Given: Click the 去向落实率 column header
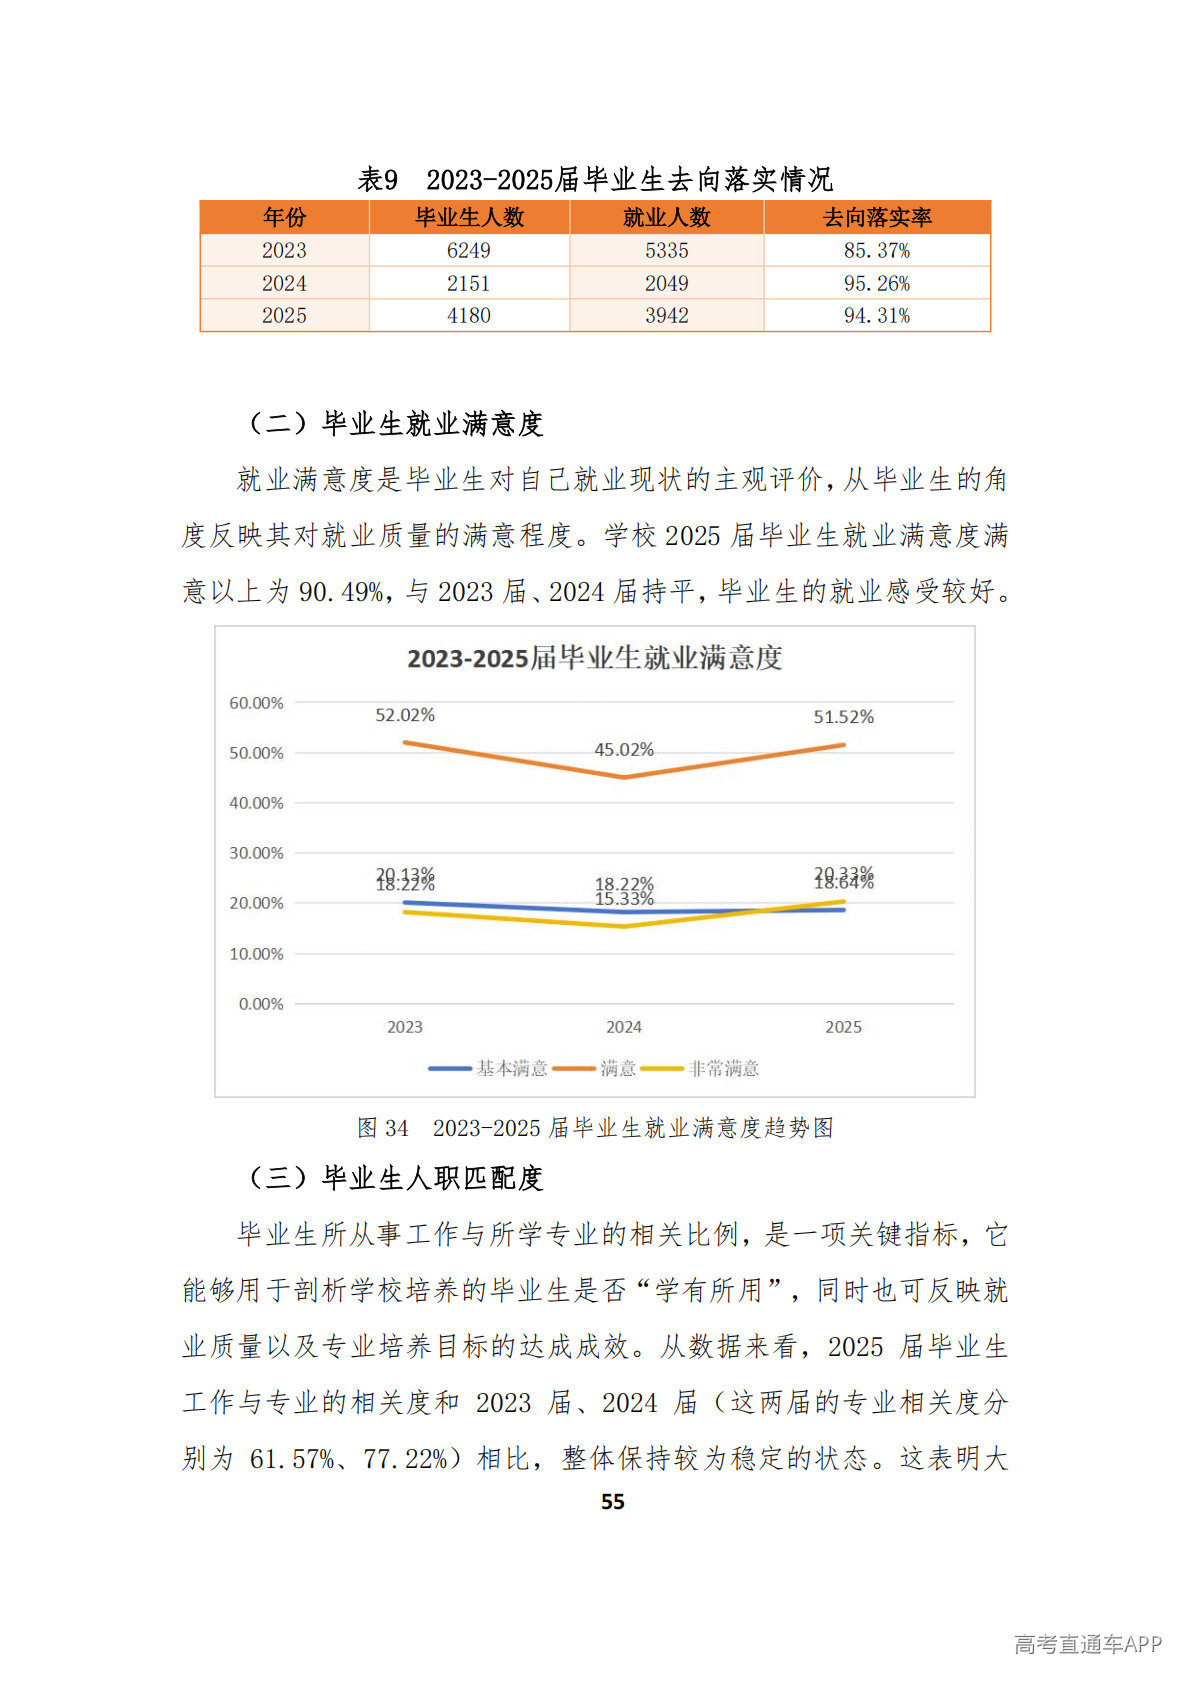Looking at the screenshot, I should (x=876, y=217).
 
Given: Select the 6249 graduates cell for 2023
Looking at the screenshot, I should (x=468, y=250).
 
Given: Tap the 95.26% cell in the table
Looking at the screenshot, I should (x=876, y=283).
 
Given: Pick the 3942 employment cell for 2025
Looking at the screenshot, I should (x=666, y=315).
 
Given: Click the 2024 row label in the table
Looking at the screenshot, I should (x=284, y=283).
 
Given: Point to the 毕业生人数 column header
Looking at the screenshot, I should (x=469, y=217).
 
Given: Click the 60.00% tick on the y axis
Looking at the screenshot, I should (x=256, y=703).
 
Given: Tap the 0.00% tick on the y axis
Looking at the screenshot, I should (x=261, y=1004).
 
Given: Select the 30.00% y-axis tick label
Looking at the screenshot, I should (x=256, y=853).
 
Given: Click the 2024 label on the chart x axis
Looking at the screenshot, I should (x=624, y=1027).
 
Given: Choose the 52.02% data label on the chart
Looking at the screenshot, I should (x=405, y=715).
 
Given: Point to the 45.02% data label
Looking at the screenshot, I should (x=624, y=749).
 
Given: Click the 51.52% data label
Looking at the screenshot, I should (x=843, y=717).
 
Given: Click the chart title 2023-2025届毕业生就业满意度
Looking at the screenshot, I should (x=594, y=658).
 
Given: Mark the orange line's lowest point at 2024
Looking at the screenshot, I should (x=624, y=777).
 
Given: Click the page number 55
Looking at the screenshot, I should (x=612, y=1501).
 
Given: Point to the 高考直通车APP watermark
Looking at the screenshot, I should (x=1087, y=1644).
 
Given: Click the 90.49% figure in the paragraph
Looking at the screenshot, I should (x=341, y=592).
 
